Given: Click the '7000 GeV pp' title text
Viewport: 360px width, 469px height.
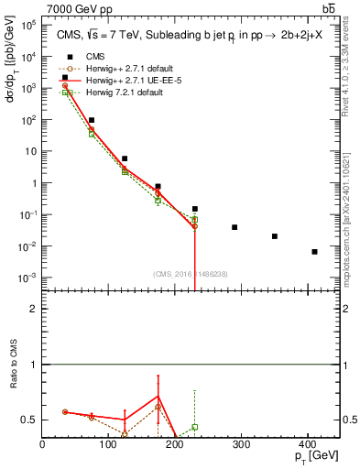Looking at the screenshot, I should pyautogui.click(x=78, y=7).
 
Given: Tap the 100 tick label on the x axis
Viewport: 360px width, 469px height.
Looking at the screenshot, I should pyautogui.click(x=108, y=445).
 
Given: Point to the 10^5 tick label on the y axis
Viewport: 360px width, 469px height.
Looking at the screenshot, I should pyautogui.click(x=27, y=25).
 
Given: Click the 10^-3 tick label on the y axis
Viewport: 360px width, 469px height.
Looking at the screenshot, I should pyautogui.click(x=27, y=278).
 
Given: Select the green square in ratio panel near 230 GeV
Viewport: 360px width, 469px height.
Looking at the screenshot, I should pyautogui.click(x=194, y=427).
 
